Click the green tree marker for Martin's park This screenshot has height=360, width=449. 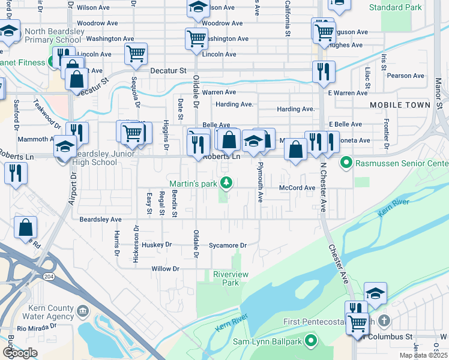pos(226,183)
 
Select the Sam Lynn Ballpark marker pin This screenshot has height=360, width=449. pos(310,341)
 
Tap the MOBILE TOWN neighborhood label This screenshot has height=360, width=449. pos(400,105)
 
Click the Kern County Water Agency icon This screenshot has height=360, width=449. pos(83,311)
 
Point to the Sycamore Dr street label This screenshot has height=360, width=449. pos(228,245)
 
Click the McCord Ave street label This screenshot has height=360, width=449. pos(297,188)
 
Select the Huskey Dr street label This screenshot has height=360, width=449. pos(157,245)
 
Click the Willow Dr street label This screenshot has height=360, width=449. pos(166,269)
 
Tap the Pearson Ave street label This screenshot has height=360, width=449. pos(406,76)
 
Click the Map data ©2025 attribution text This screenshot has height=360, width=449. pos(423,355)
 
